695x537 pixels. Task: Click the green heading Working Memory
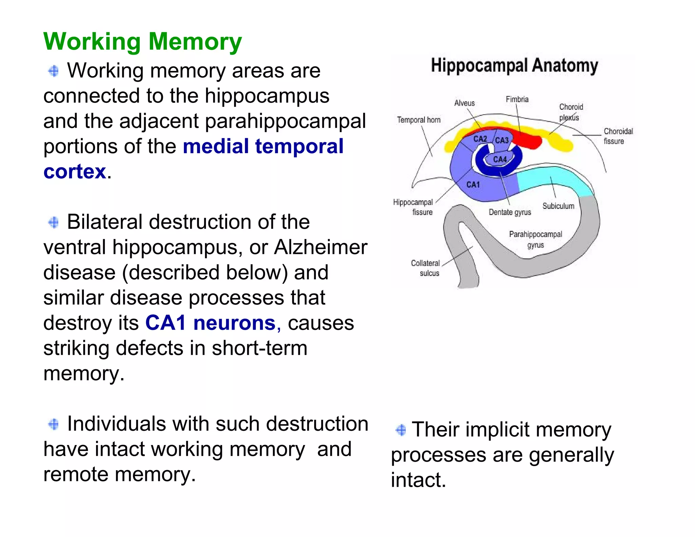[143, 42]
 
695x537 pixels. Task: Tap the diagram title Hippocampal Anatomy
[514, 66]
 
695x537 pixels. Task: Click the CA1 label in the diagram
[473, 185]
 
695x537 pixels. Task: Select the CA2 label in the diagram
[480, 139]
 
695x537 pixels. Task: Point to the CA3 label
[502, 140]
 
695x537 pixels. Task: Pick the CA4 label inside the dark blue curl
[500, 160]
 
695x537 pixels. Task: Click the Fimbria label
[517, 99]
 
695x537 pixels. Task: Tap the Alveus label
[464, 103]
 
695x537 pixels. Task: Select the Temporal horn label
[418, 120]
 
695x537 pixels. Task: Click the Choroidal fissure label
[618, 136]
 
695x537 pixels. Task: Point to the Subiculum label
[558, 206]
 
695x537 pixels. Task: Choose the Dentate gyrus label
[510, 212]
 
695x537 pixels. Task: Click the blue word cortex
[75, 171]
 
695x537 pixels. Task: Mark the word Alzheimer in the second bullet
[320, 247]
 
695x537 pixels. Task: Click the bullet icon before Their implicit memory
[401, 430]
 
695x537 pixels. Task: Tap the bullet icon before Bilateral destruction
[54, 223]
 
